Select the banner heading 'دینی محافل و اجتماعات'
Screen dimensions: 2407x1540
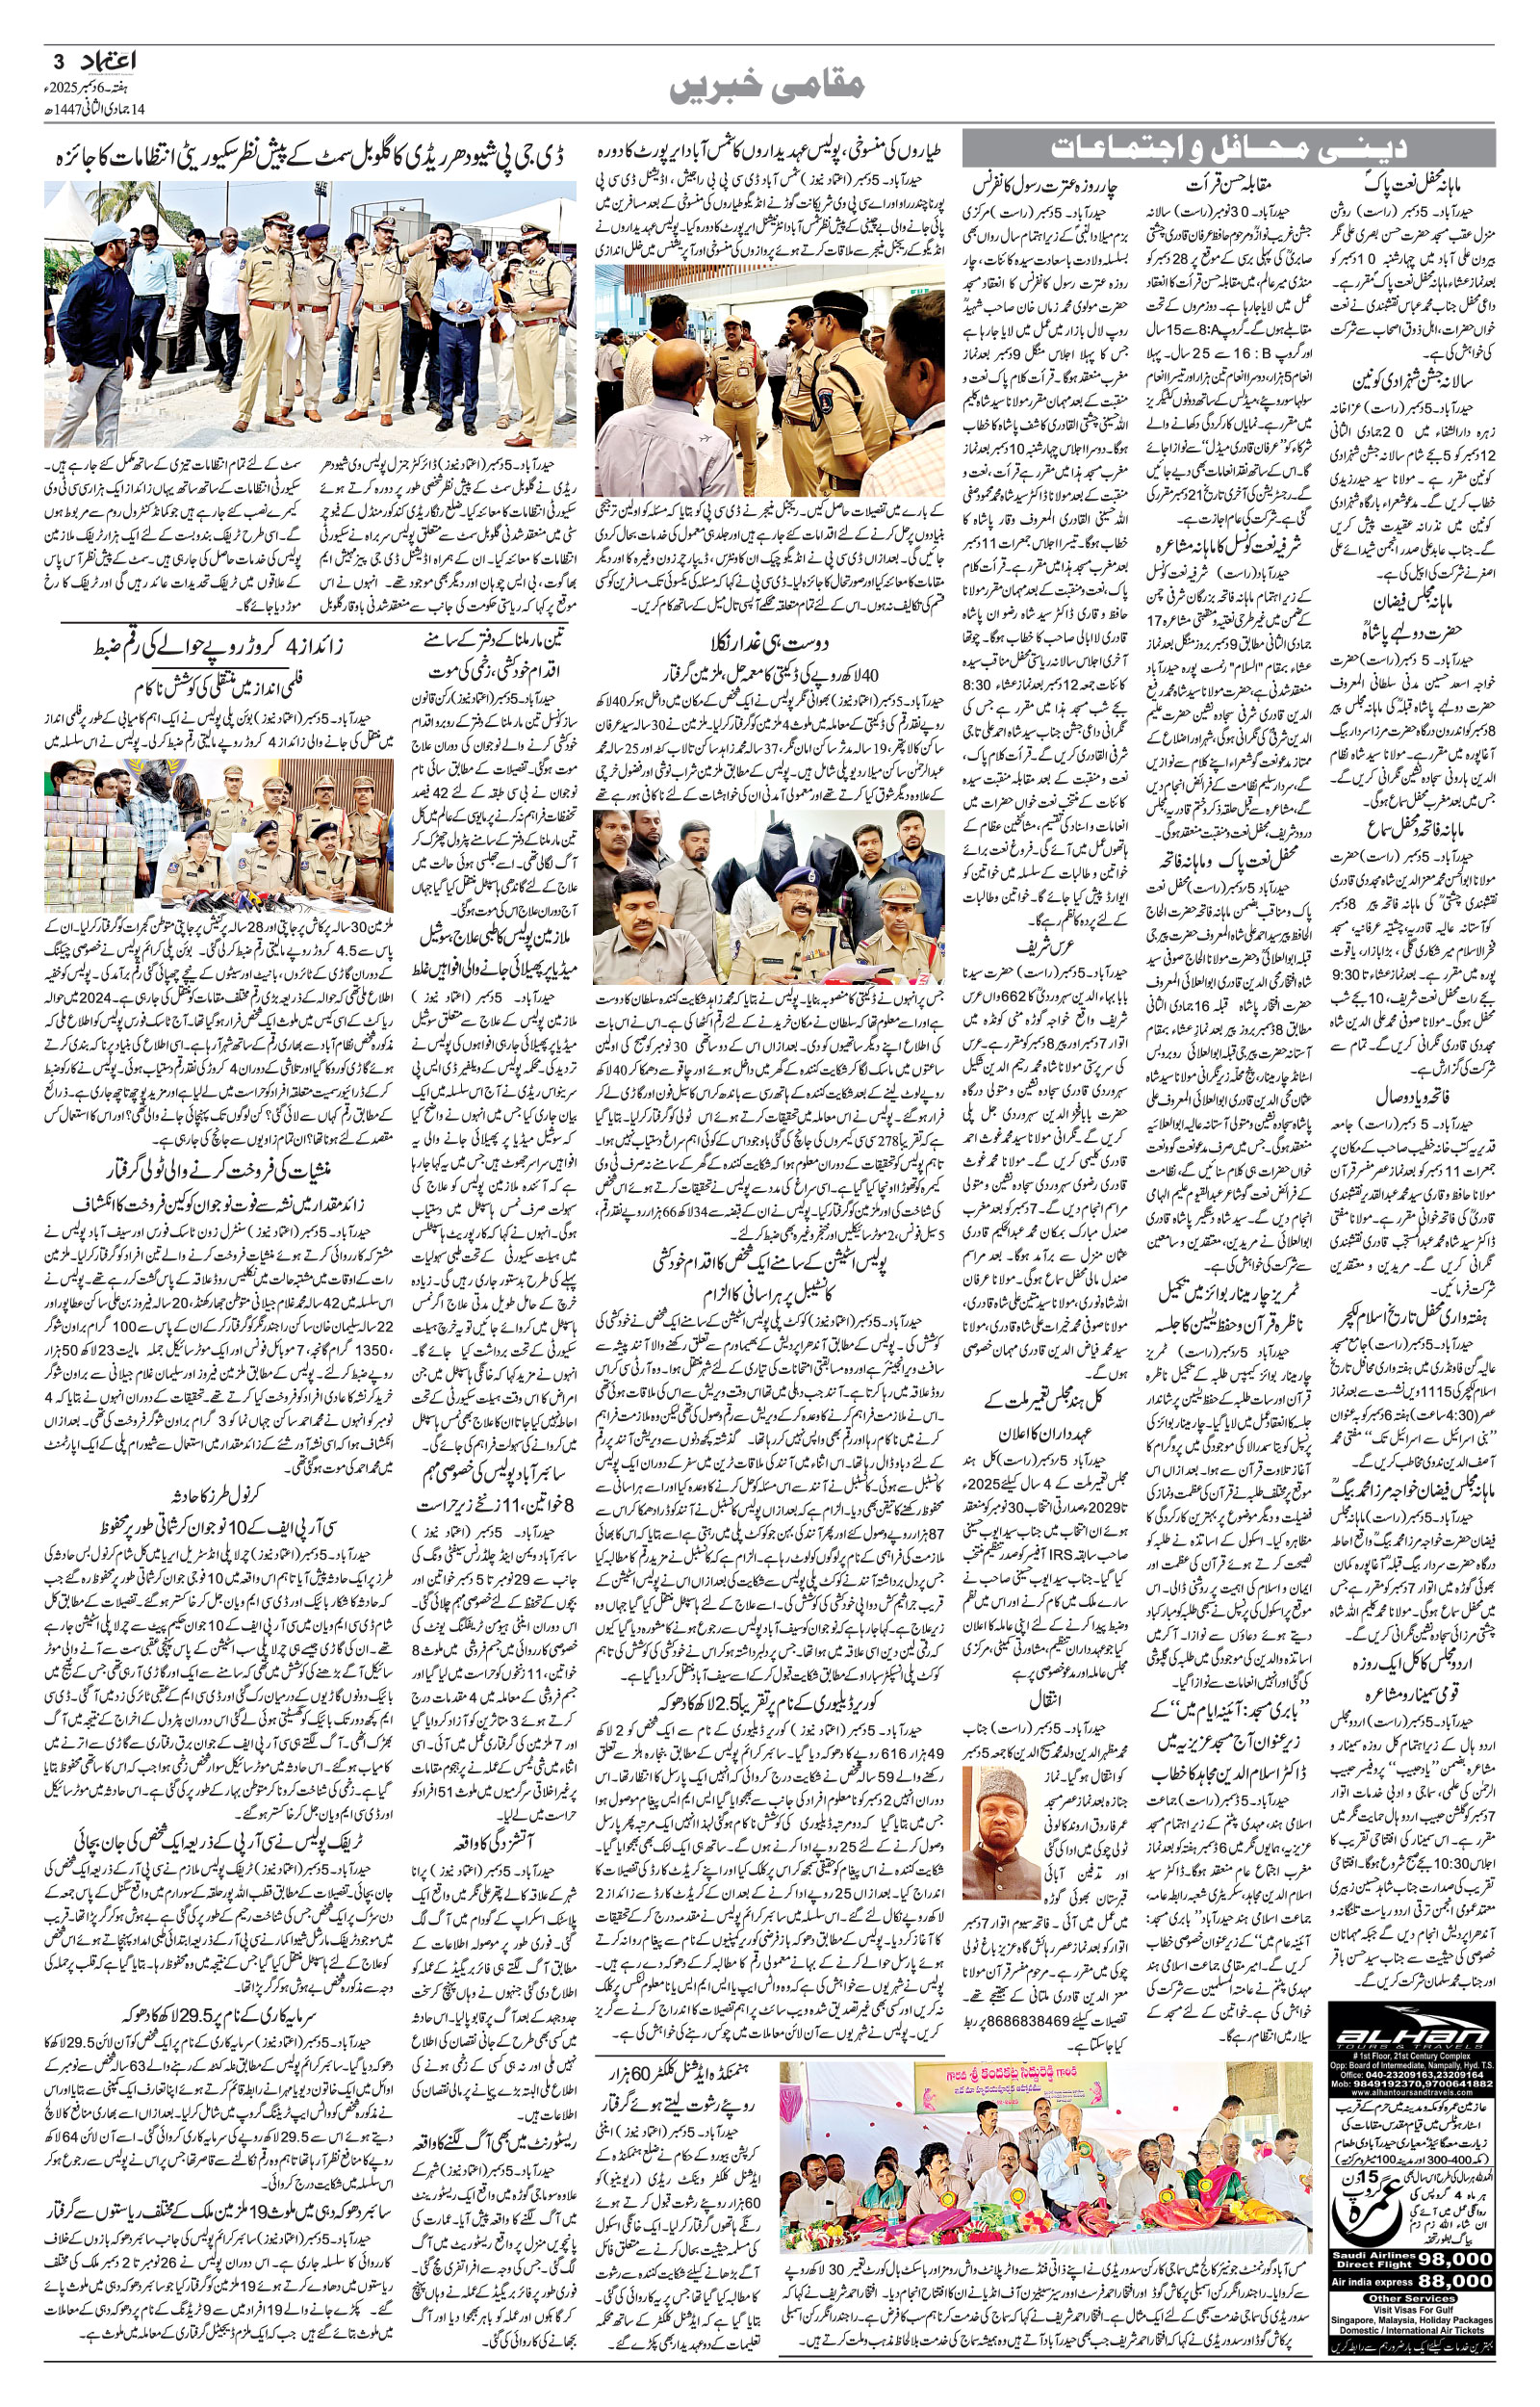pos(1229,148)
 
